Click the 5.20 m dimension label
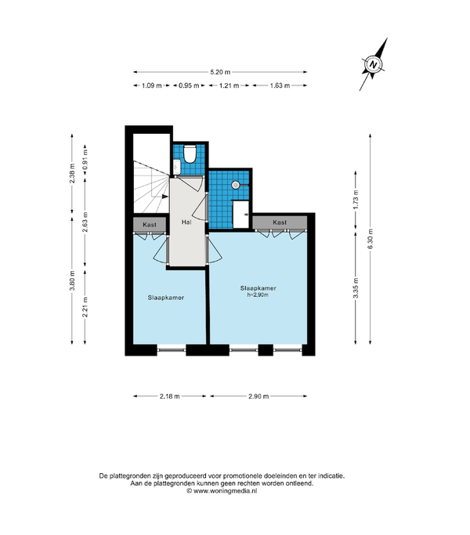click(x=220, y=72)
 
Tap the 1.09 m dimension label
click(x=151, y=85)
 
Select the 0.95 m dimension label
click(x=189, y=85)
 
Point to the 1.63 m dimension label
click(x=280, y=85)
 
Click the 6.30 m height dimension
click(x=371, y=238)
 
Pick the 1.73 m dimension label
click(x=356, y=199)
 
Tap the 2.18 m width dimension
click(x=170, y=396)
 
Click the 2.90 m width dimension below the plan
click(x=258, y=396)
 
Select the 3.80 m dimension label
click(x=72, y=280)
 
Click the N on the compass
click(x=374, y=64)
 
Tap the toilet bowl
click(x=190, y=154)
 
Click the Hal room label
click(x=186, y=222)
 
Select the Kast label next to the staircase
click(x=150, y=225)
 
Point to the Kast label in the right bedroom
click(x=280, y=222)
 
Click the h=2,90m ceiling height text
click(x=258, y=295)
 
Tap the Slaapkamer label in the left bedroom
click(x=166, y=298)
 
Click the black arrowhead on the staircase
click(x=165, y=197)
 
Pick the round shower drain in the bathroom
click(x=236, y=185)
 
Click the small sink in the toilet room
click(x=177, y=167)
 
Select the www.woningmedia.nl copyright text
click(x=222, y=491)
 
